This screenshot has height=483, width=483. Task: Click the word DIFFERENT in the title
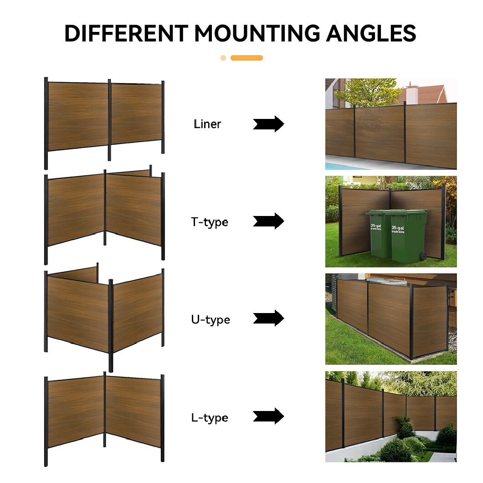pyautogui.click(x=126, y=33)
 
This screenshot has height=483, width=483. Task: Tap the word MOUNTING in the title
pyautogui.click(x=257, y=33)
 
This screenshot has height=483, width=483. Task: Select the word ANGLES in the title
pyautogui.click(x=371, y=33)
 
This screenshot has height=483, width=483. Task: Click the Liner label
pyautogui.click(x=207, y=124)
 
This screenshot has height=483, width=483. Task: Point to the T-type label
pyautogui.click(x=210, y=222)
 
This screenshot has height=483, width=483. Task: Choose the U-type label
pyautogui.click(x=211, y=320)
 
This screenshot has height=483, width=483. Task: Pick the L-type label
pyautogui.click(x=210, y=418)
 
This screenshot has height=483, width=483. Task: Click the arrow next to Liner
pyautogui.click(x=268, y=124)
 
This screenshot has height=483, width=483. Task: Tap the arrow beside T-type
pyautogui.click(x=268, y=221)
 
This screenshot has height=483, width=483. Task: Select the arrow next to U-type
pyautogui.click(x=268, y=318)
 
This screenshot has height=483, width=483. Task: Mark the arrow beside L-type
pyautogui.click(x=268, y=416)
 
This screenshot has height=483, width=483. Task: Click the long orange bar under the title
pyautogui.click(x=247, y=58)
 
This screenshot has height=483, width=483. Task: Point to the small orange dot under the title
pyautogui.click(x=223, y=58)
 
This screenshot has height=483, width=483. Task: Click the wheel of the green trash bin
pyautogui.click(x=424, y=255)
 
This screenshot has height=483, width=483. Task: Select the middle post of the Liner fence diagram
pyautogui.click(x=109, y=120)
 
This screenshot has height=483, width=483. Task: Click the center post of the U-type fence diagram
pyautogui.click(x=111, y=326)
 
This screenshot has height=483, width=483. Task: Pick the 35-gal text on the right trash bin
pyautogui.click(x=398, y=228)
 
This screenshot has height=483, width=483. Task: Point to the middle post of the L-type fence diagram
pyautogui.click(x=105, y=409)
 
